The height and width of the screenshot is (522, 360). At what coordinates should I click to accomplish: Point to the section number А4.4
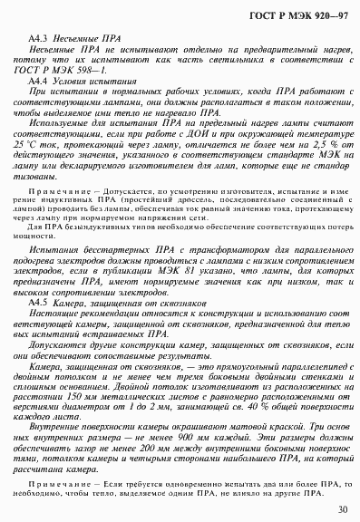click(x=39, y=82)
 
